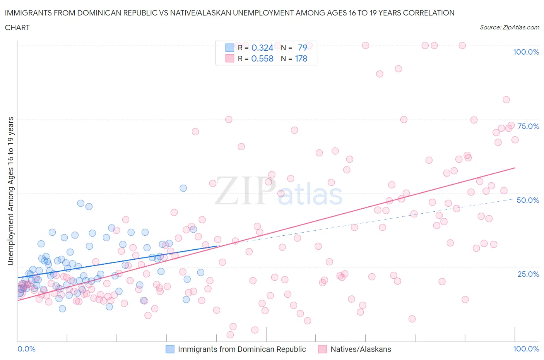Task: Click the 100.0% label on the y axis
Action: pos(526,52)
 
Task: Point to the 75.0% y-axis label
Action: pos(528,126)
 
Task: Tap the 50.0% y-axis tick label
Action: pos(528,200)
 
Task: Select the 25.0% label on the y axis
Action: pos(528,274)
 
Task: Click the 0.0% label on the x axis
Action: pos(26,349)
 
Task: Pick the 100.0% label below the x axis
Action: pos(526,349)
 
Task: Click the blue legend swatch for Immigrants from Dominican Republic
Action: pos(170,349)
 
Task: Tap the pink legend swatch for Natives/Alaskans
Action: pos(322,349)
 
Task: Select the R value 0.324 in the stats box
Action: pos(262,48)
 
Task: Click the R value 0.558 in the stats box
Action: pos(262,58)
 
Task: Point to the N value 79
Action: pos(303,48)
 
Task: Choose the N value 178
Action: pos(301,58)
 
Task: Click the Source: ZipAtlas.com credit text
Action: pos(509,27)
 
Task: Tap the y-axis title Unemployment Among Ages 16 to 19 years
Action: pos(10,191)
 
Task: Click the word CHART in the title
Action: pos(17,27)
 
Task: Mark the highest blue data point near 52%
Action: pos(183,188)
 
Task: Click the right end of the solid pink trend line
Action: pos(515,168)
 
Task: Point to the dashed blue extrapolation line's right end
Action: pos(514,199)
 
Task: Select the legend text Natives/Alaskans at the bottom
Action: pos(361,349)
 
